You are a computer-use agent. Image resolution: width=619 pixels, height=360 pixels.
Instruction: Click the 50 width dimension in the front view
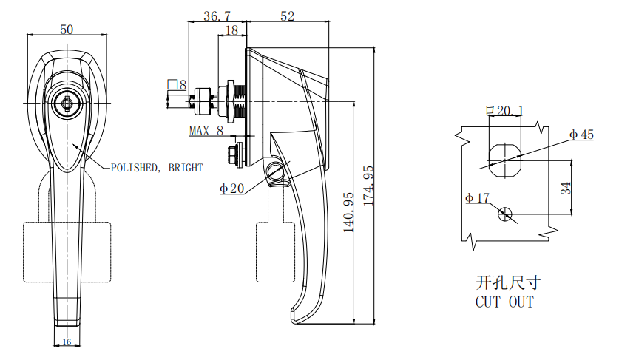pos(67,30)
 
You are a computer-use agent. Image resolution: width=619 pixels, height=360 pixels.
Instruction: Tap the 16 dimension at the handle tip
pos(67,342)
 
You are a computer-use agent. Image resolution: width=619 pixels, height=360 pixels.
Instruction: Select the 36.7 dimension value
pos(217,16)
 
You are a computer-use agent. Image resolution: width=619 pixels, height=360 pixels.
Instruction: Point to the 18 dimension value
pos(232,30)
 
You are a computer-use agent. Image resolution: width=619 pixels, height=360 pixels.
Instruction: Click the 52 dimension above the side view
pos(288,16)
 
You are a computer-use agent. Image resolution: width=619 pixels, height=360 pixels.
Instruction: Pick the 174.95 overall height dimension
pos(368,186)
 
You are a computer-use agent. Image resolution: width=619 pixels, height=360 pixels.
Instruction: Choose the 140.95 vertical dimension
pos(348,212)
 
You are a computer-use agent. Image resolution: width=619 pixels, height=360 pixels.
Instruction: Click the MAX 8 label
pos(206,131)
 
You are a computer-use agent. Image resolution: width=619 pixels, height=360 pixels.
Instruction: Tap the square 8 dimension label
pos(177,85)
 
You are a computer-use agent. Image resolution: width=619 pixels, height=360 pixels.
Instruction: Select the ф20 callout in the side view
pos(231,189)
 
